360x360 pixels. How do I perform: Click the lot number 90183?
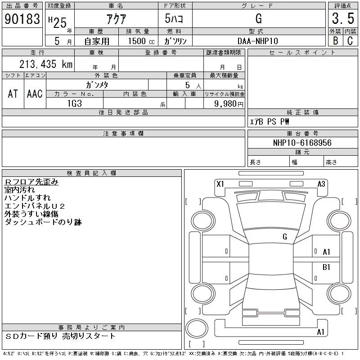[22, 19]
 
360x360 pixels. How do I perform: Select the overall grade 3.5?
[343, 18]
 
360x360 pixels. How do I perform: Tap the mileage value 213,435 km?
[46, 64]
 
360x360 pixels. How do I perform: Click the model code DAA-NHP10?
[258, 41]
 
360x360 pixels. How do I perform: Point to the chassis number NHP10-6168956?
[302, 143]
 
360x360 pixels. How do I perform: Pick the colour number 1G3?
[75, 103]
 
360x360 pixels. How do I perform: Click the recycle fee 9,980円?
[229, 104]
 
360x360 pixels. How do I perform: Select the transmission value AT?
[13, 94]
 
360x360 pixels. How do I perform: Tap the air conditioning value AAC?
[35, 94]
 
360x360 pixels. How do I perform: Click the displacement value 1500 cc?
[141, 41]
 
